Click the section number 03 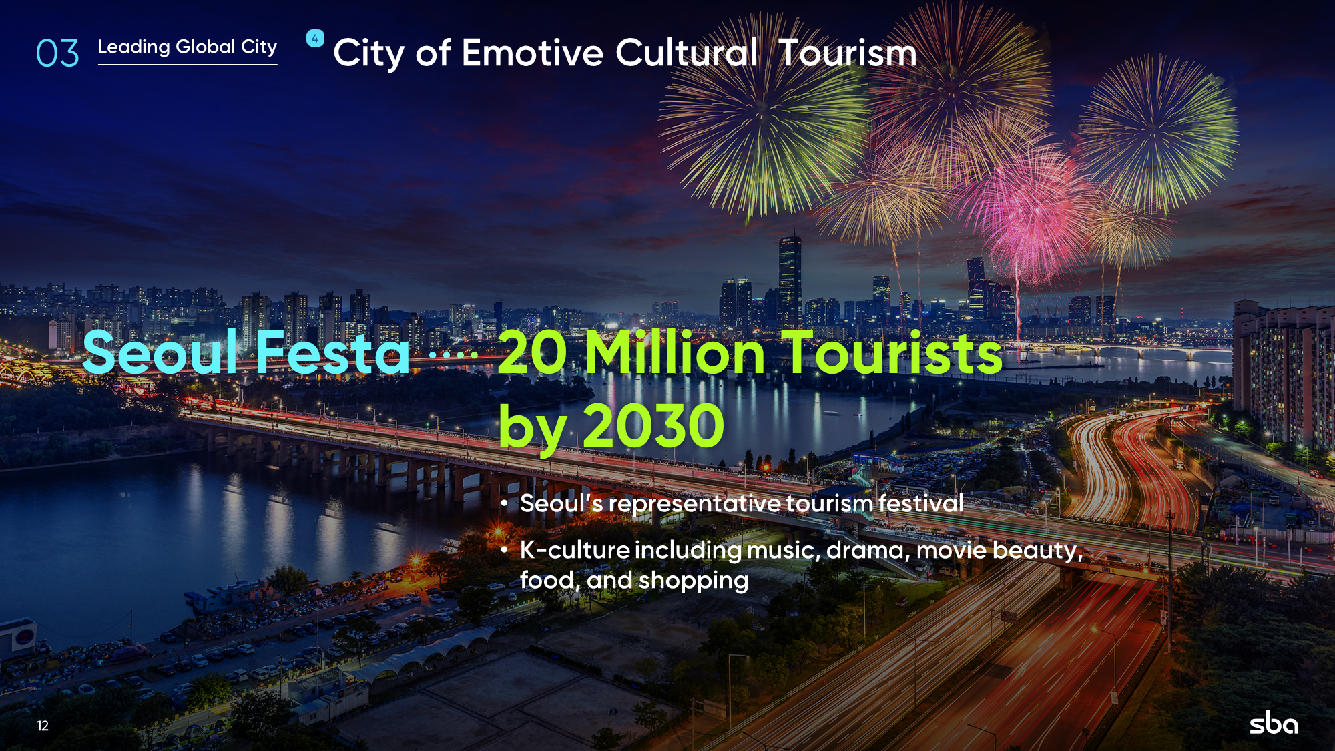point(57,53)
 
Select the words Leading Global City point(188,47)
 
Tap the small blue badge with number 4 point(315,38)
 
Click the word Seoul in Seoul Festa point(160,352)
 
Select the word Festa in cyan point(332,352)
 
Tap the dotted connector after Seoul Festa point(454,354)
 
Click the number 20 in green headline point(533,352)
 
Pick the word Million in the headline point(675,352)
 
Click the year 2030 point(653,425)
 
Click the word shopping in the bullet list point(694,581)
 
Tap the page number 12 point(43,726)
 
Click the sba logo point(1274,724)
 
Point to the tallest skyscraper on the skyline point(790,280)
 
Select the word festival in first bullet point(920,503)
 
